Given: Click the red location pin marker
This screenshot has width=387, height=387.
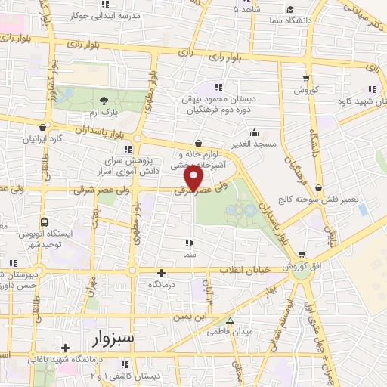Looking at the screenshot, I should [x=195, y=178].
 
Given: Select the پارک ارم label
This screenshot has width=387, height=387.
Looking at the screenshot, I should [x=104, y=113].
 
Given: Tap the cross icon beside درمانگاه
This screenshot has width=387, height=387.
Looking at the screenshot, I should [x=160, y=273].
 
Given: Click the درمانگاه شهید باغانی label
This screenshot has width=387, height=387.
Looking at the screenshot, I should [x=67, y=361].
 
